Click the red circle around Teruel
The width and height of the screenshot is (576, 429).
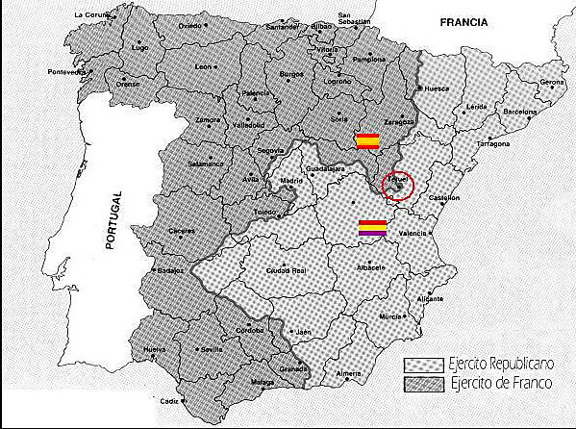pyautogui.click(x=397, y=186)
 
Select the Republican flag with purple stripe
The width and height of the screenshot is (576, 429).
pyautogui.click(x=372, y=227)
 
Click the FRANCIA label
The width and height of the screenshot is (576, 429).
pyautogui.click(x=463, y=21)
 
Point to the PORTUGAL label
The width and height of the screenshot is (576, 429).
pyautogui.click(x=112, y=221)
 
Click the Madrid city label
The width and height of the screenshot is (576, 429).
pyautogui.click(x=291, y=181)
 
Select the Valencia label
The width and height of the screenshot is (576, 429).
pyautogui.click(x=412, y=233)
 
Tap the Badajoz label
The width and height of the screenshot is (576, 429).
pyautogui.click(x=172, y=271)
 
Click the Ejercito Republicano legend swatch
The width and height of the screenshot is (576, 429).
pyautogui.click(x=421, y=366)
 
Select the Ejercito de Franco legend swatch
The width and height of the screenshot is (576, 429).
pyautogui.click(x=421, y=385)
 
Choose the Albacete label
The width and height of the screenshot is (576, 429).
pyautogui.click(x=369, y=265)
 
